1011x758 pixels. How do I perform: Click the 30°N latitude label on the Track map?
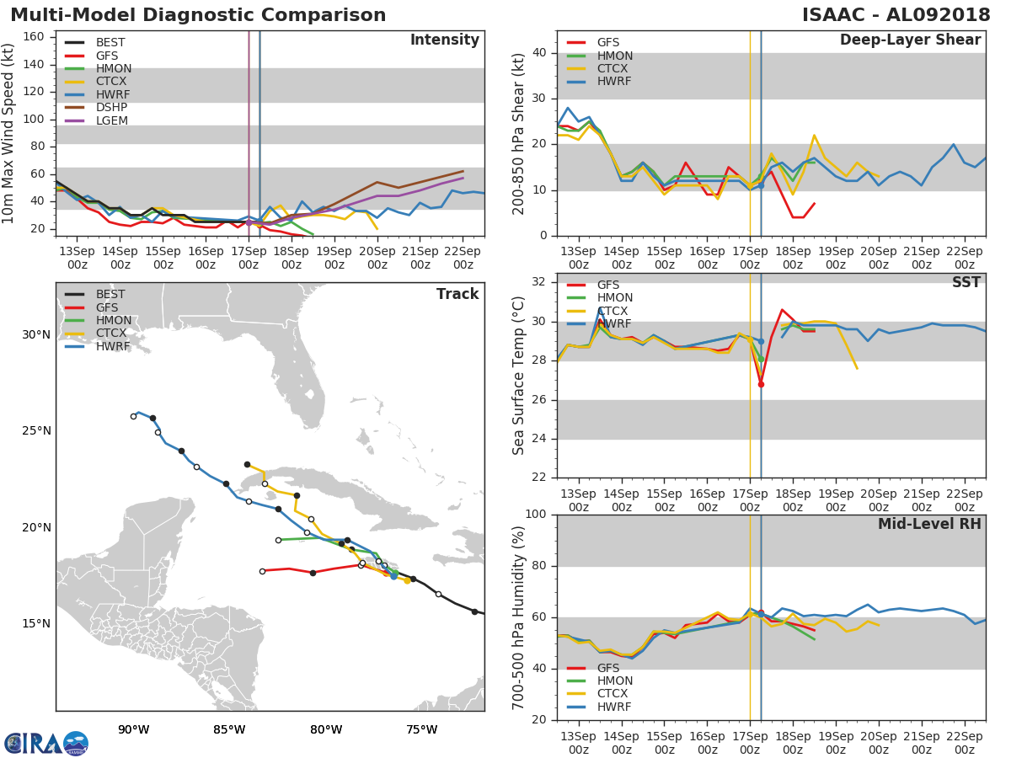[36, 334]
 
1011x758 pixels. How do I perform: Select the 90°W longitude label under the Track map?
[134, 729]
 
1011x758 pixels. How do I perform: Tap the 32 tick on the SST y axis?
[539, 281]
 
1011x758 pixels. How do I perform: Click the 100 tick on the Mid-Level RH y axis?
[536, 514]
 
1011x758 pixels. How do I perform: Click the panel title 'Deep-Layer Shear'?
[911, 40]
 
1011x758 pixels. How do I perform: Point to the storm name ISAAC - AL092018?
[896, 14]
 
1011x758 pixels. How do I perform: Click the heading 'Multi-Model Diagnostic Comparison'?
[198, 14]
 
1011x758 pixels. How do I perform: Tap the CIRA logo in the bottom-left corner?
[46, 744]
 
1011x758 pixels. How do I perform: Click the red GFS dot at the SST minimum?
[761, 384]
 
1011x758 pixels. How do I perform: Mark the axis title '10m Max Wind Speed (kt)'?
[7, 133]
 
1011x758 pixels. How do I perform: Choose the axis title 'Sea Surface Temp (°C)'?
[518, 376]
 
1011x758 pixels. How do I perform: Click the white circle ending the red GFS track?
[263, 572]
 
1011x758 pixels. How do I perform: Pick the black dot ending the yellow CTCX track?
[248, 465]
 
